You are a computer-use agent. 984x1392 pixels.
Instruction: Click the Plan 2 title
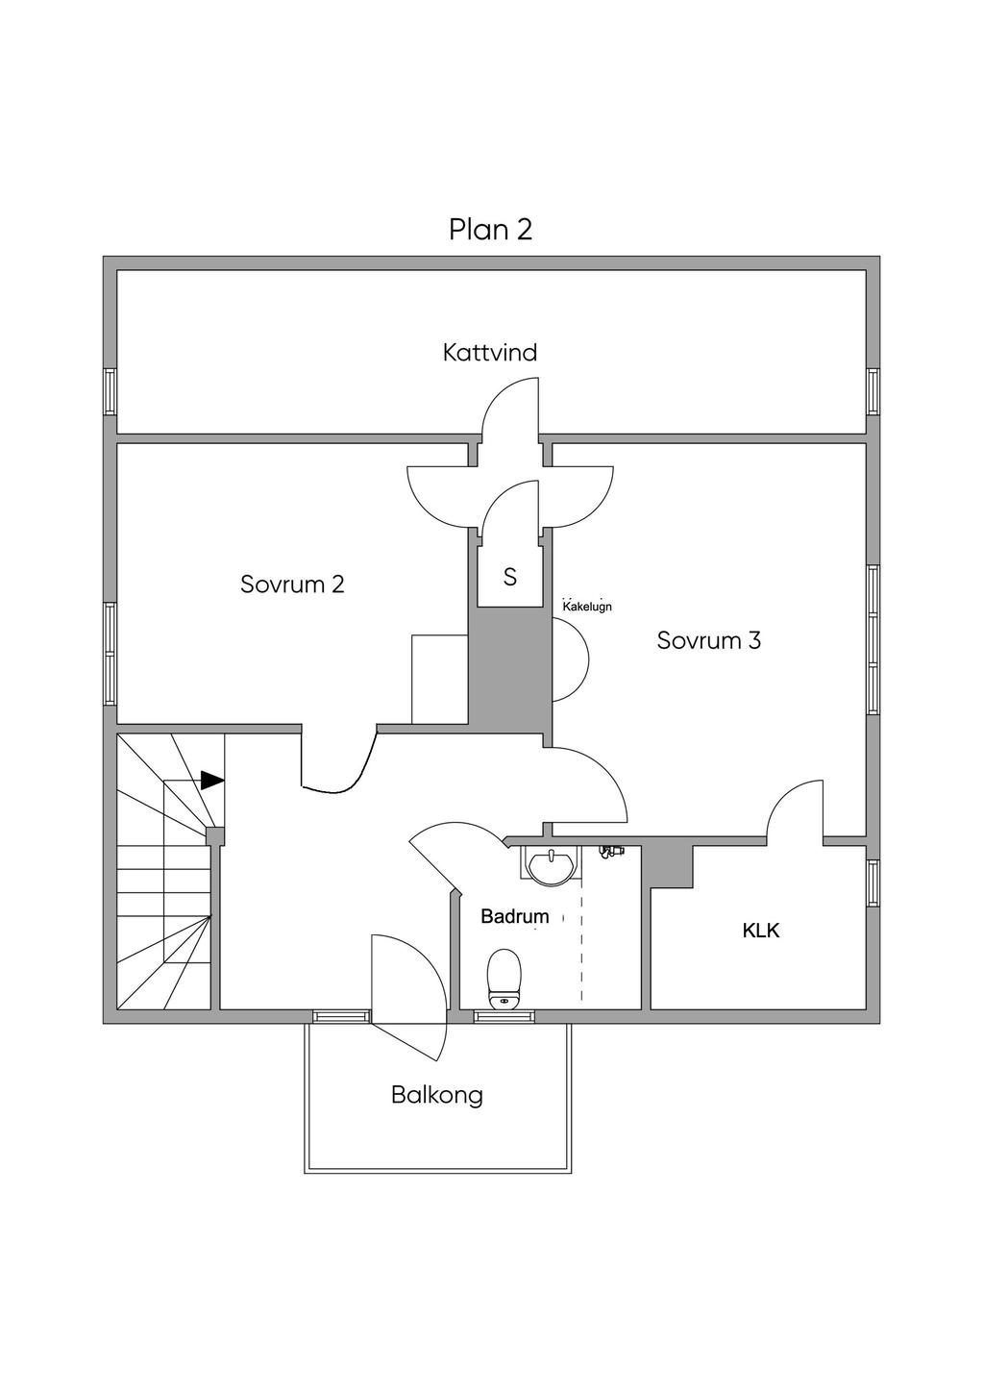[x=490, y=230]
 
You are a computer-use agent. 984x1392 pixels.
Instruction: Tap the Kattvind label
[x=490, y=353]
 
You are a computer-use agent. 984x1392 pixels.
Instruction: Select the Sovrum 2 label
[x=292, y=584]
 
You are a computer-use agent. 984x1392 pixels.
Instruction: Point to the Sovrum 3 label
[x=709, y=640]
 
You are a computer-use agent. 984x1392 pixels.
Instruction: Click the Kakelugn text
[x=587, y=607]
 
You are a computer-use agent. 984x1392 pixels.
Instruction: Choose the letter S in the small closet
[x=510, y=577]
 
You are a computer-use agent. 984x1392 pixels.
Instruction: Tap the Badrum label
[x=515, y=917]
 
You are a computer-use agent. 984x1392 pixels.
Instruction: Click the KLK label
[x=761, y=931]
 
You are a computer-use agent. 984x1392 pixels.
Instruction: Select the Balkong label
[x=437, y=1095]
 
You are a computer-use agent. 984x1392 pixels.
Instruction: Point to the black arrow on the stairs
[x=212, y=780]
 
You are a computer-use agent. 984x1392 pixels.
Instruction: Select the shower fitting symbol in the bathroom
[x=610, y=851]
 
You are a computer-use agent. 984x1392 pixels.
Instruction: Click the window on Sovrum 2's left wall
[x=111, y=655]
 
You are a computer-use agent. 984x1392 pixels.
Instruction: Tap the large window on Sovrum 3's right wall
[x=873, y=640]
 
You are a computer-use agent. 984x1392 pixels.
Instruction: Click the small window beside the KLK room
[x=873, y=882]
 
